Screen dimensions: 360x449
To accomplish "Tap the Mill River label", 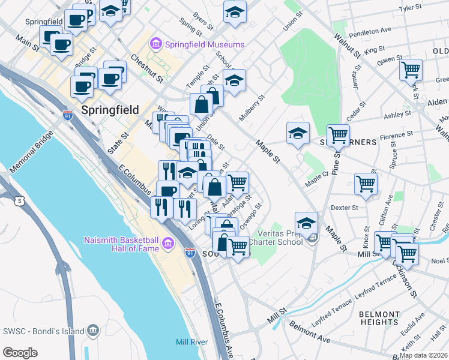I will tap(191, 342).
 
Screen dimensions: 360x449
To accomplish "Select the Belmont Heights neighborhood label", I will tap(379, 319).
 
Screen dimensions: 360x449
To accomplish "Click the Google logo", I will tap(20, 353).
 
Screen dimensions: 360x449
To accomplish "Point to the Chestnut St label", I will tap(147, 69).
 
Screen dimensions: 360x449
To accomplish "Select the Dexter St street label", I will tap(344, 208).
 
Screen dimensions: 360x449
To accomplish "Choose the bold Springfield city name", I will tap(109, 110).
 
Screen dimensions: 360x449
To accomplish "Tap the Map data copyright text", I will tap(424, 355).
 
